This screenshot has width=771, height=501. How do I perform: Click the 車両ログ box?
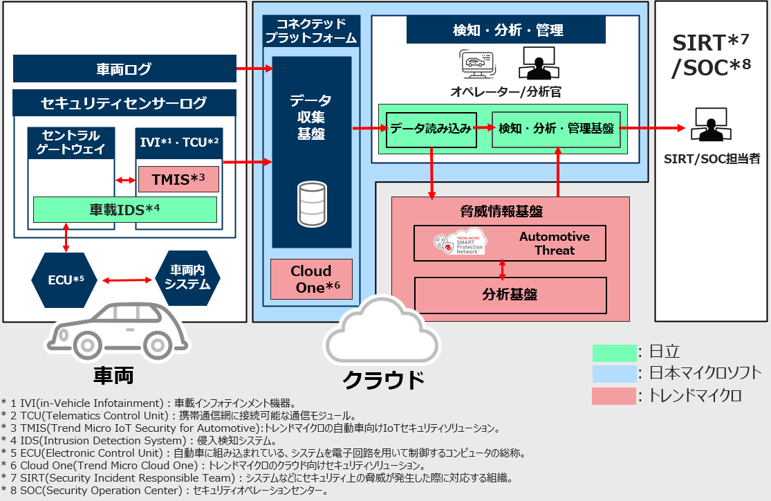124,69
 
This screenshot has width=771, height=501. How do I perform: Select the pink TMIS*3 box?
178,179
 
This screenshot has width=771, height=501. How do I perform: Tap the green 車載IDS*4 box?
125,210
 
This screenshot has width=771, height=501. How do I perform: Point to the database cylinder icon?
311,204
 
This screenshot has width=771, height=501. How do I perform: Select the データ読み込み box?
431,129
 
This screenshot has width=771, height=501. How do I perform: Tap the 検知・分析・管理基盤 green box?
555,129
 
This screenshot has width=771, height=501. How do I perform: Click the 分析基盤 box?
510,295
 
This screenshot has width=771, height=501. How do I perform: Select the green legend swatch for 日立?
614,353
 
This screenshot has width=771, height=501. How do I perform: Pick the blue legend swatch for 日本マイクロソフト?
614,374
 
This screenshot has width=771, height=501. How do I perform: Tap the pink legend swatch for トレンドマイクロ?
614,396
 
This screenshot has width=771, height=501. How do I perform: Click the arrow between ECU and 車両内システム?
127,280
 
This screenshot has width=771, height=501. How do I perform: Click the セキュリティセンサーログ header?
124,103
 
